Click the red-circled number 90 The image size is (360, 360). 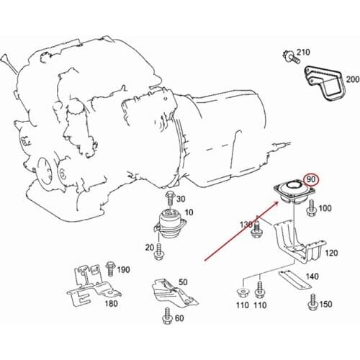point(311,179)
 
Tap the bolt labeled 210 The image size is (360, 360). point(290,56)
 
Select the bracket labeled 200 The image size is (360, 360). point(325,83)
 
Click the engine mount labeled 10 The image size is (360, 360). point(170,223)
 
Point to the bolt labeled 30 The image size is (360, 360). point(170,198)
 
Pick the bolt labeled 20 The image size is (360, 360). point(159,251)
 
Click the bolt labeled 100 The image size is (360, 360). point(312,208)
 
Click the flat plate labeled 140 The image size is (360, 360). point(294,279)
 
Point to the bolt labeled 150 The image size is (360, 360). point(313,302)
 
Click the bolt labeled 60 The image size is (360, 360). point(167,316)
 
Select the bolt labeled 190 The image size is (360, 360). point(110,269)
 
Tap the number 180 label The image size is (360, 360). point(112,304)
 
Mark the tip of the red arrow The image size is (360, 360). point(279,202)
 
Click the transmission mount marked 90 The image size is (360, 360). point(294,192)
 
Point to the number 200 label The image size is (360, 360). point(353,79)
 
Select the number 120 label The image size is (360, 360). point(331,253)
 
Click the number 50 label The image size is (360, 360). point(183,282)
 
